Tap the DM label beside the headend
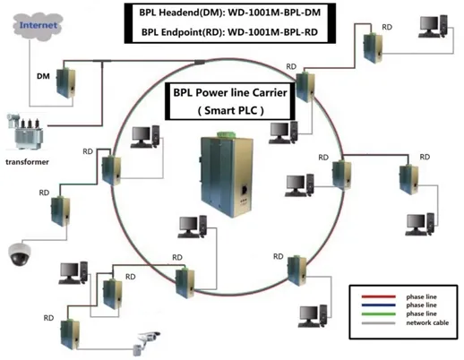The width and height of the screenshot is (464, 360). [42, 79]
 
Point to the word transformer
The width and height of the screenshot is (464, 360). [27, 162]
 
